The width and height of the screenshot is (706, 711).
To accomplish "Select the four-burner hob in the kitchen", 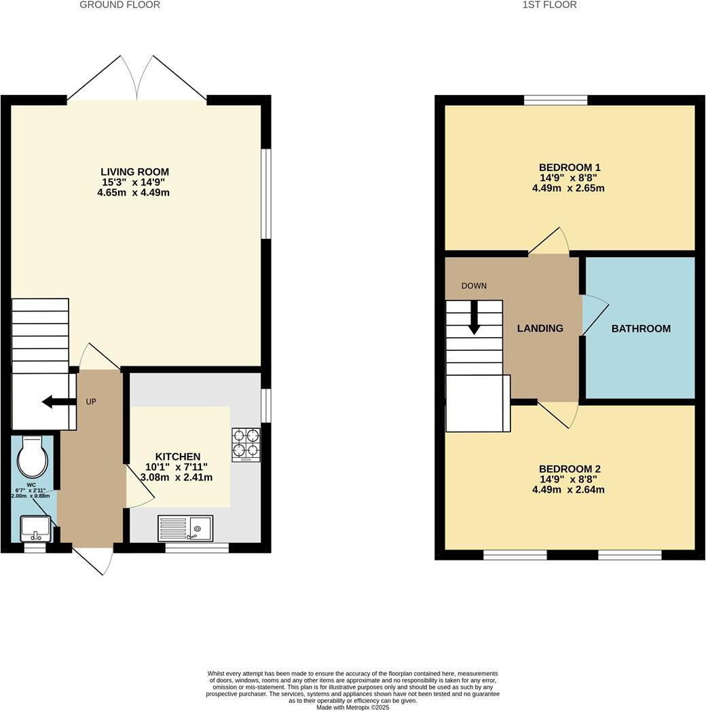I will coord(246,444).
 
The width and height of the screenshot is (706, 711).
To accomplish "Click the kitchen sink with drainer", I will coord(185,528).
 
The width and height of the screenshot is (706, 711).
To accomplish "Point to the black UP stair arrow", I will coord(57,402).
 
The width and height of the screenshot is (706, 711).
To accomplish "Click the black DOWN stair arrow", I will coord(474,317).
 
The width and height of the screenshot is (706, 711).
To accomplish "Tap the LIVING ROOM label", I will coord(134,172).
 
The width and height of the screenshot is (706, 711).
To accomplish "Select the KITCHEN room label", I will coord(178,457).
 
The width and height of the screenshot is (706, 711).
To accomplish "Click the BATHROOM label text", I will coord(641,328).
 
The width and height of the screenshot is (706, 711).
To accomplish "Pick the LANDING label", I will coord(540,328).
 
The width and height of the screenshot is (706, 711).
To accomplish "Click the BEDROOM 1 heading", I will coord(570,167).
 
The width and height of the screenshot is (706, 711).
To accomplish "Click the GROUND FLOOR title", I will coord(120,5).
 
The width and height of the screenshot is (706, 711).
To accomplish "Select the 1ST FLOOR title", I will coord(550,5).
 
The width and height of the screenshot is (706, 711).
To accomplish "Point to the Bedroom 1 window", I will coord(556,100).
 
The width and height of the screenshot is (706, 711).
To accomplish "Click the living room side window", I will coord(266,193).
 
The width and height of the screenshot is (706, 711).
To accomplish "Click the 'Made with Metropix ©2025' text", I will coord(353,707).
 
